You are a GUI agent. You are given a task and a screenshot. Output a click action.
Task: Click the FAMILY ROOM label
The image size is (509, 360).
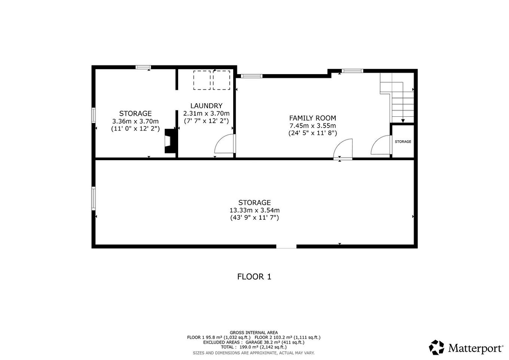(x=313, y=118)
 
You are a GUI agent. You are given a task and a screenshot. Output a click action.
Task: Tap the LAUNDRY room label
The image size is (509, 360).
(x=206, y=106)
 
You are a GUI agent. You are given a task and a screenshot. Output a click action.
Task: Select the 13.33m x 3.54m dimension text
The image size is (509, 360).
(x=254, y=210)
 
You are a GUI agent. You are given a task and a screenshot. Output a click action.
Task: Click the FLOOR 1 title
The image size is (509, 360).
(x=254, y=277)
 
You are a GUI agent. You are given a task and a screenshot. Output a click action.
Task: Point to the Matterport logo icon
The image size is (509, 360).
(x=436, y=347)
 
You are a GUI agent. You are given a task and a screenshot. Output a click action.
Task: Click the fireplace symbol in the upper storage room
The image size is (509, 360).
(x=170, y=141)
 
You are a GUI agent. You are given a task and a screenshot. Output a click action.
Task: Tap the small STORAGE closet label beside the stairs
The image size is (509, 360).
(x=403, y=141)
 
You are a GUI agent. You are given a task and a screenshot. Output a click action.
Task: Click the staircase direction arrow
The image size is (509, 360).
(x=403, y=120)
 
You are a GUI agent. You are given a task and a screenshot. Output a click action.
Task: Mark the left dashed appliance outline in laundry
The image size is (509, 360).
(x=202, y=80)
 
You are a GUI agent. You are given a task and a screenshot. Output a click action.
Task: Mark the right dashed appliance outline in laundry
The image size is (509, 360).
(x=222, y=80)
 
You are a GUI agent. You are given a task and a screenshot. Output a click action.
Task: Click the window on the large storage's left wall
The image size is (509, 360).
(x=94, y=199)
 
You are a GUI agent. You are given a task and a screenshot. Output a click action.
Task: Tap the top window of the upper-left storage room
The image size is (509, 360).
(x=143, y=67)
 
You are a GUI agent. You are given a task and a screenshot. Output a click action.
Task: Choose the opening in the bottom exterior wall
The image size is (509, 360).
(x=286, y=246)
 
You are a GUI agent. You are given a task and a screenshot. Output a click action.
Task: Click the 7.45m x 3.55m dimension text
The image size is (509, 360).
(x=313, y=126)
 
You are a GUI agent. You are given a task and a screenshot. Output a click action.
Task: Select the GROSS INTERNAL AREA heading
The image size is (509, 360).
(x=254, y=332)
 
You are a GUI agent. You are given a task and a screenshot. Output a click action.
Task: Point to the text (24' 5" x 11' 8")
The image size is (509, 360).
(x=313, y=133)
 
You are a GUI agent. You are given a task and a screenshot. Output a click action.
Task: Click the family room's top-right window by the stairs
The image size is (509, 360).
(x=352, y=71)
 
